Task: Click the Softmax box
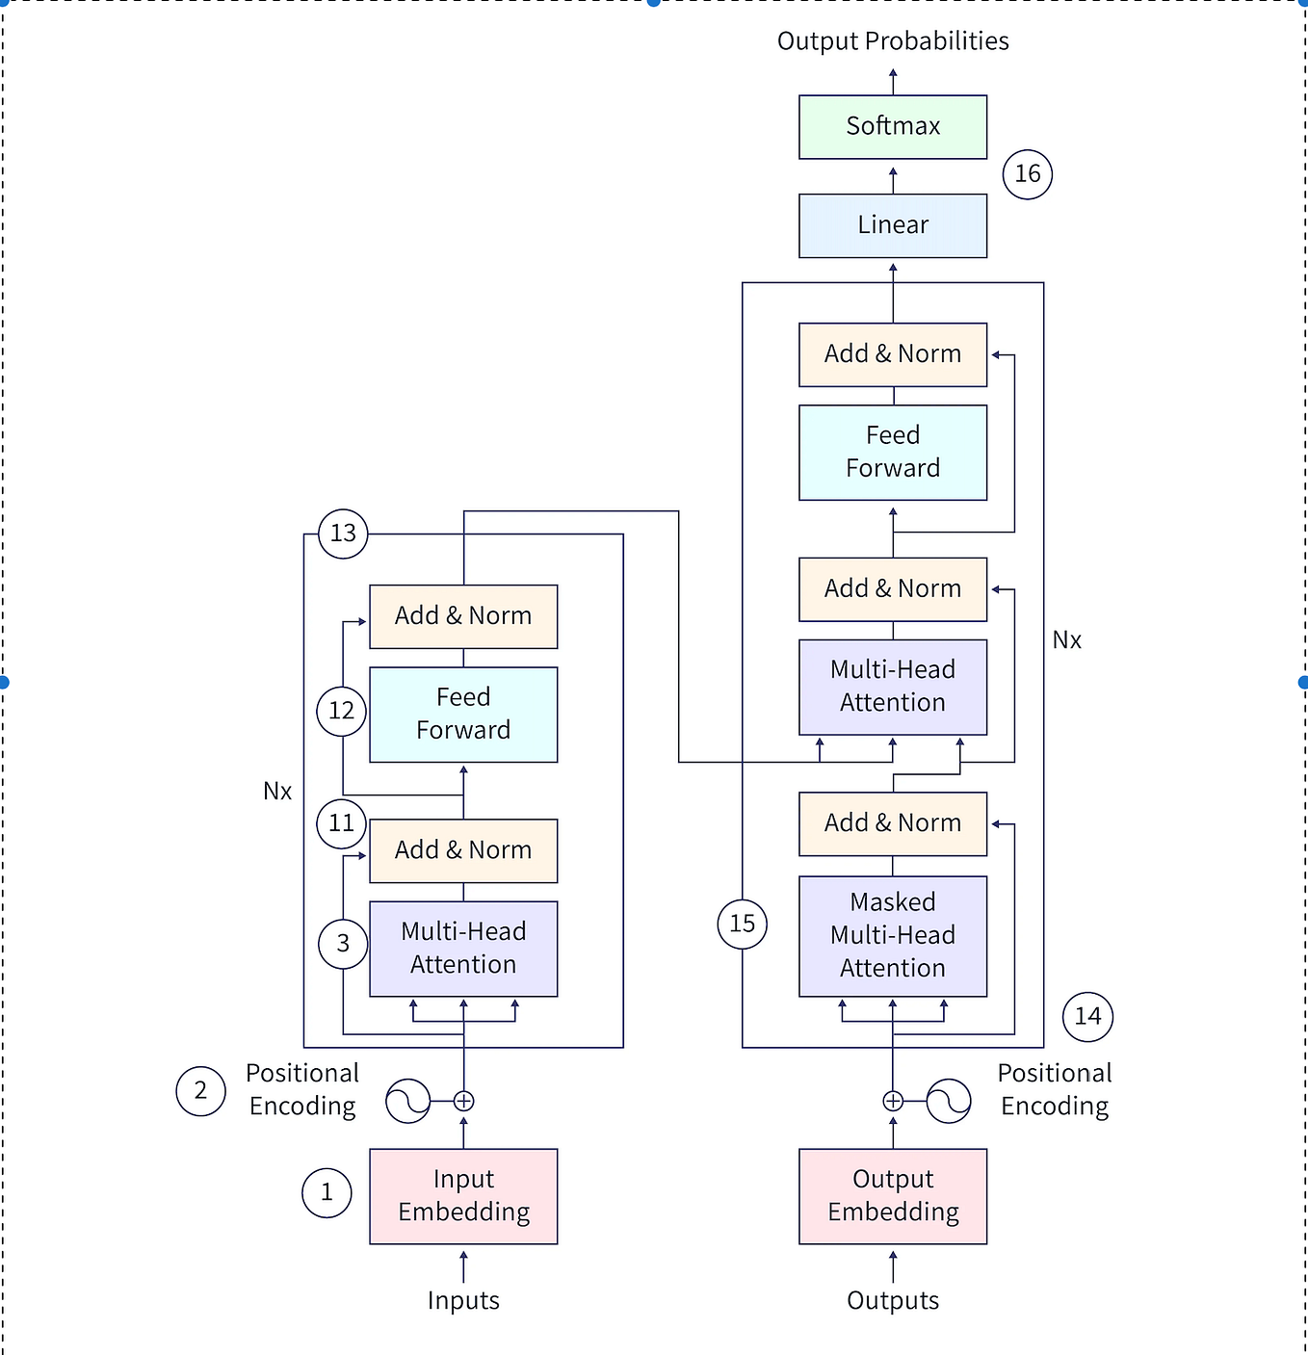(893, 127)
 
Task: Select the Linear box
(893, 225)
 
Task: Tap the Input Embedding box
(463, 1196)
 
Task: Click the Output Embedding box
(893, 1196)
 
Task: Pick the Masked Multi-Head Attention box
(893, 936)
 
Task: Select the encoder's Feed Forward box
(463, 715)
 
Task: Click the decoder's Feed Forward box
(893, 453)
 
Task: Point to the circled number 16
(1028, 174)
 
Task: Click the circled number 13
(343, 534)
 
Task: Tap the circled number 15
(743, 925)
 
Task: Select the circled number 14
(1087, 1017)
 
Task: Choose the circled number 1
(327, 1193)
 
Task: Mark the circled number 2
(200, 1091)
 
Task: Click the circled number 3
(343, 944)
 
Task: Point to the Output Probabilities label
(893, 41)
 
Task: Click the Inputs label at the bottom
(463, 1301)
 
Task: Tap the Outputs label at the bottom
(893, 1301)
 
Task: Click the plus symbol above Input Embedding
(463, 1101)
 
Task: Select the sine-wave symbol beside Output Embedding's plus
(949, 1101)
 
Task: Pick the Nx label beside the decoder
(1066, 640)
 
